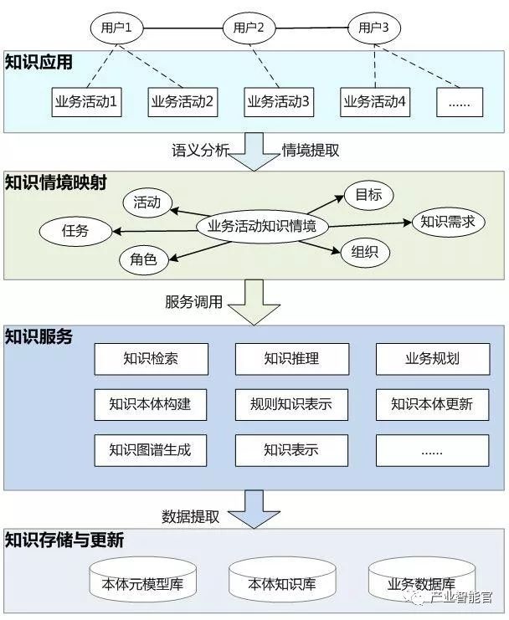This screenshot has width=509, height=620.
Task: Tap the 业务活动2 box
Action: pyautogui.click(x=183, y=103)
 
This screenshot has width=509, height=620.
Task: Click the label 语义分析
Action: pyautogui.click(x=199, y=151)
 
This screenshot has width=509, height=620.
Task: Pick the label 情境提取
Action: pyautogui.click(x=311, y=151)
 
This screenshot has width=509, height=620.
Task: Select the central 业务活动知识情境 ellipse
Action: pyautogui.click(x=262, y=225)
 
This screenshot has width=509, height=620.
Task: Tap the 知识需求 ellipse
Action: pyautogui.click(x=448, y=222)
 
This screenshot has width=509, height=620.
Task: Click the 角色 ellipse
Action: pyautogui.click(x=143, y=259)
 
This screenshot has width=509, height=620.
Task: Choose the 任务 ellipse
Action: pyautogui.click(x=75, y=231)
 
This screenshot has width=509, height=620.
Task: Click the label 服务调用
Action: pyautogui.click(x=194, y=302)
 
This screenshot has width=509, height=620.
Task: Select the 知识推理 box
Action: pyautogui.click(x=291, y=360)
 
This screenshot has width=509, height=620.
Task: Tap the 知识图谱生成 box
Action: pyautogui.click(x=150, y=449)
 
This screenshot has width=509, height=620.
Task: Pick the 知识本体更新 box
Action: pyautogui.click(x=432, y=404)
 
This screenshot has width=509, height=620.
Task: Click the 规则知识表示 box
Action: pyautogui.click(x=291, y=404)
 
